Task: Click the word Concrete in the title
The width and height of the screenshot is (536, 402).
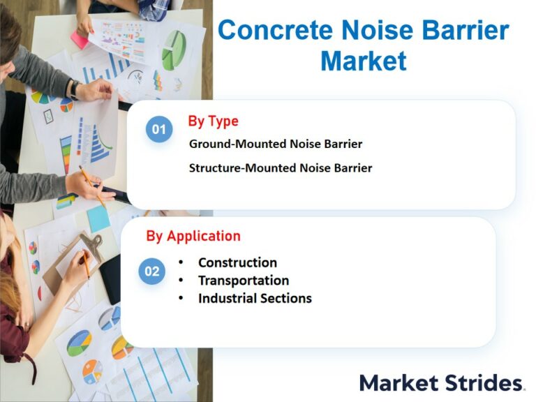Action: (275, 31)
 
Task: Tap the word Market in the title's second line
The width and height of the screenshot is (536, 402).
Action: (364, 61)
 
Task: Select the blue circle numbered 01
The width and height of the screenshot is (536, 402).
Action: (159, 129)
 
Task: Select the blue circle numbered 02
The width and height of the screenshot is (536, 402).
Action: (151, 271)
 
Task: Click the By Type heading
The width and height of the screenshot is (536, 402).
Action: (214, 121)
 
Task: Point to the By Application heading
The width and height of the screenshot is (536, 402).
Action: (193, 236)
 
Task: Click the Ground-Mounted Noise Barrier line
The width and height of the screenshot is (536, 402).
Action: (276, 144)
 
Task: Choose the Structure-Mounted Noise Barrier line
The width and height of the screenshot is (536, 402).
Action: (281, 167)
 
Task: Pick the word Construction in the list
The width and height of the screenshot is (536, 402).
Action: (237, 262)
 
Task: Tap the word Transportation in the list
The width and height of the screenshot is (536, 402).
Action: (244, 281)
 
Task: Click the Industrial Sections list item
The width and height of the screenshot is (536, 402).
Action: (255, 299)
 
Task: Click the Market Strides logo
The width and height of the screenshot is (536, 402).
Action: (442, 383)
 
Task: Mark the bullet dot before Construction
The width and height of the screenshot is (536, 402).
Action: (181, 262)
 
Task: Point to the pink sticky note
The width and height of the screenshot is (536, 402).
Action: (80, 39)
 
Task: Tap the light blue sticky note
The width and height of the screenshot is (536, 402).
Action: (98, 218)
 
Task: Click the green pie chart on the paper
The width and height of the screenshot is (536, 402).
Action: (174, 50)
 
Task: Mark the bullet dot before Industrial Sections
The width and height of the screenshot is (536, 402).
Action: (181, 299)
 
